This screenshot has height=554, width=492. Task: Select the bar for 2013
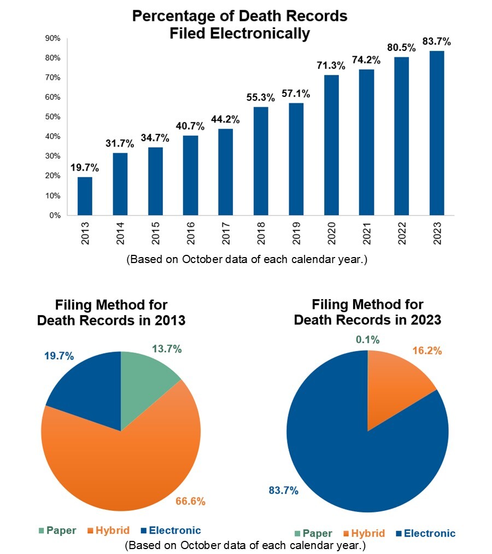(x=85, y=196)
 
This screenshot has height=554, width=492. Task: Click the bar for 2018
(x=261, y=161)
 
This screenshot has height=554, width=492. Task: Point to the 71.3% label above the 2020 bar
(x=331, y=66)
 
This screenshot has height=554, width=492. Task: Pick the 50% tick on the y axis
(x=52, y=117)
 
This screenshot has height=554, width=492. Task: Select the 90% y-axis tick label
(x=52, y=38)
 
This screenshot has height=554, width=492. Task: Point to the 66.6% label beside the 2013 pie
(x=190, y=501)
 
